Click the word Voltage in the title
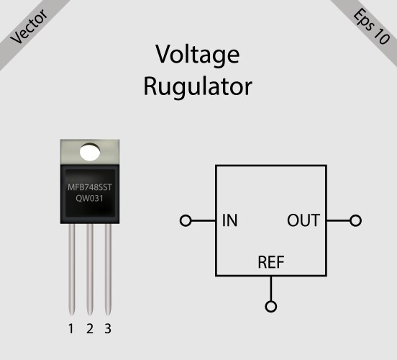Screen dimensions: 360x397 (x=198, y=55)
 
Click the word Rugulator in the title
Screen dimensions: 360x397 (x=198, y=86)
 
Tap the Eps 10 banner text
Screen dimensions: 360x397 (x=370, y=27)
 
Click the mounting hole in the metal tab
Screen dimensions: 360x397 (x=89, y=152)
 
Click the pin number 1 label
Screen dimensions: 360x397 (x=70, y=330)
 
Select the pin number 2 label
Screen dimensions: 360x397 (x=89, y=330)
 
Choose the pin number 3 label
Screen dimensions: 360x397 (x=108, y=330)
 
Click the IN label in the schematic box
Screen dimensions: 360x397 (x=230, y=220)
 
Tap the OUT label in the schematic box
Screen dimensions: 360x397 (x=303, y=220)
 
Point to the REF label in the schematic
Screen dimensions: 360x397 (x=270, y=262)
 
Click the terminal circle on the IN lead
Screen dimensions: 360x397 (x=186, y=220)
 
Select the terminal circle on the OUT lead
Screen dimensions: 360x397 (x=355, y=220)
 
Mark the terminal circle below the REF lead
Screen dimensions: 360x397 (x=270, y=307)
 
